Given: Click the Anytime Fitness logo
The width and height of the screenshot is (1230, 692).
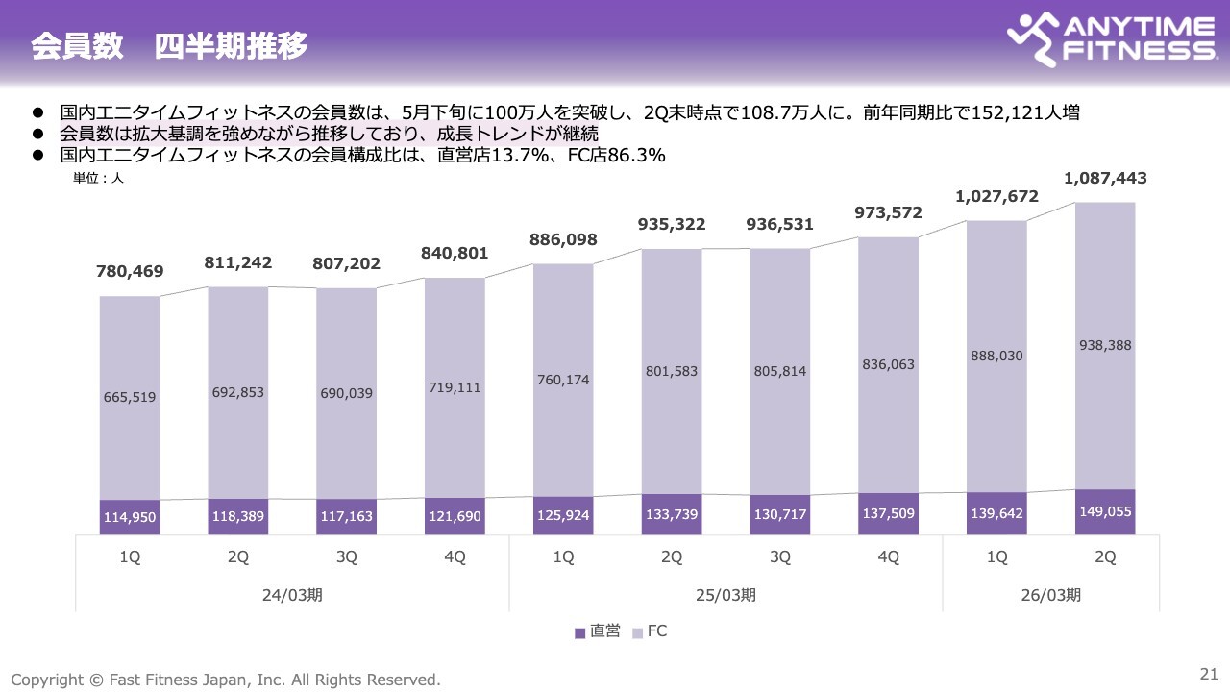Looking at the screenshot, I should (x=1110, y=40).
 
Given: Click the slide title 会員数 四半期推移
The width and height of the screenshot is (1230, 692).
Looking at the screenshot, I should (x=169, y=46).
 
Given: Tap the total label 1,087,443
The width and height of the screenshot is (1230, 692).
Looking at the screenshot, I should (x=1105, y=178).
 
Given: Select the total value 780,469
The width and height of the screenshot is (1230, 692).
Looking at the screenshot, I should (x=130, y=271).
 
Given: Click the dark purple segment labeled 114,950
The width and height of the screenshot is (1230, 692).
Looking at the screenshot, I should (x=130, y=517).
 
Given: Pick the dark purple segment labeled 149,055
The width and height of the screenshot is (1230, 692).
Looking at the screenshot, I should (x=1105, y=511).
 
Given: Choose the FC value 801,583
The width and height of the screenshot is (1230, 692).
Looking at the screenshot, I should (x=672, y=371).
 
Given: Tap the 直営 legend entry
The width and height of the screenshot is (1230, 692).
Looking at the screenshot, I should (x=598, y=631).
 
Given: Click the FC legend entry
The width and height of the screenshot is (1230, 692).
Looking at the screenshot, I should (x=650, y=631).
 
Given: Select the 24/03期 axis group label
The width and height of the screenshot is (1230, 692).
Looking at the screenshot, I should (x=292, y=594).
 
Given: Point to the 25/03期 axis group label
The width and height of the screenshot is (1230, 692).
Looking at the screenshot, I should (x=726, y=594).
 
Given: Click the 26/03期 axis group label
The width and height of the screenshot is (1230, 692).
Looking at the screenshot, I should (x=1050, y=594).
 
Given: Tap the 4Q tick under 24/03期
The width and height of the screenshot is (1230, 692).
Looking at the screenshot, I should (x=455, y=556).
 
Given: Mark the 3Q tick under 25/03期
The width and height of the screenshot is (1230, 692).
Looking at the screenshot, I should (x=780, y=556).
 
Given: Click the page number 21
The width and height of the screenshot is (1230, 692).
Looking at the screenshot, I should (x=1209, y=672).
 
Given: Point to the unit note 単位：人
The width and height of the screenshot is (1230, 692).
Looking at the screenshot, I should (x=99, y=177).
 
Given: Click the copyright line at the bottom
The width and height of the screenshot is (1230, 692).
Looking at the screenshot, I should (x=226, y=680).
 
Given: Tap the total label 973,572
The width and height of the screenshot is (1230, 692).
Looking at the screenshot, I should (x=888, y=212).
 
